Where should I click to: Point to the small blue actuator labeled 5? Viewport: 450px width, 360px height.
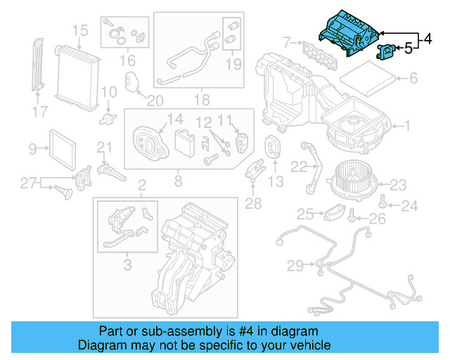click(386, 51)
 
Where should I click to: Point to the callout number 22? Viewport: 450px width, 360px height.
click(298, 167)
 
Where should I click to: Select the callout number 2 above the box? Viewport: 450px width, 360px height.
click(141, 186)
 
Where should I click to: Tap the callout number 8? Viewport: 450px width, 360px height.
click(178, 181)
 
